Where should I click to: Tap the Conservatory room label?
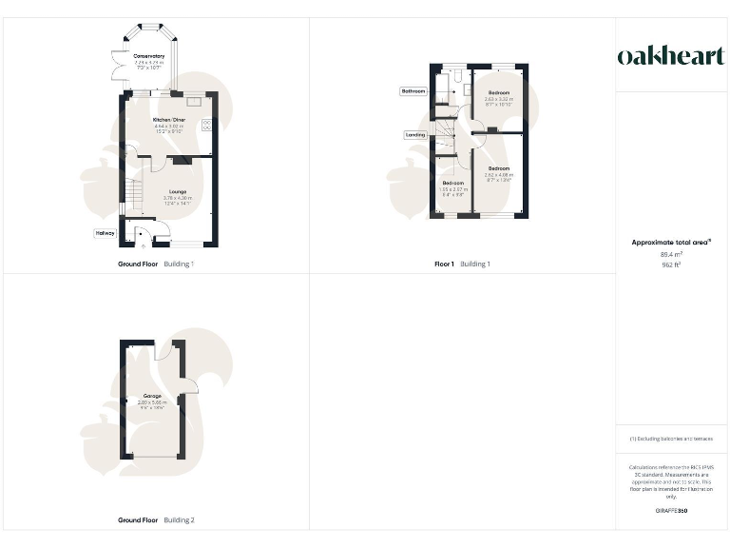click(148, 57)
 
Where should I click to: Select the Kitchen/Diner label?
click(168, 120)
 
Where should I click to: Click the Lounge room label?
click(177, 191)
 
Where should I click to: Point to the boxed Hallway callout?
click(105, 232)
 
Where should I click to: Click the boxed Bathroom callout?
click(413, 91)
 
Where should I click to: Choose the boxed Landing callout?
click(415, 134)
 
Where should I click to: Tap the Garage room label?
click(152, 396)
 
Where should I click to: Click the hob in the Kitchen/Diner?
click(206, 125)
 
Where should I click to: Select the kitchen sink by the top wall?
click(193, 98)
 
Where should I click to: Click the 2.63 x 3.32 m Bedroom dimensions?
click(498, 99)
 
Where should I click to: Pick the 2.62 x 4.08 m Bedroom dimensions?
click(499, 175)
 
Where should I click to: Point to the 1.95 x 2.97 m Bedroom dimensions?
click(453, 189)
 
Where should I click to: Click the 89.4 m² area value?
click(671, 254)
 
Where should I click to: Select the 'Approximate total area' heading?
click(671, 243)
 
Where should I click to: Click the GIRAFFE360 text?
click(671, 511)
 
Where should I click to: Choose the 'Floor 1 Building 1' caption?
click(462, 264)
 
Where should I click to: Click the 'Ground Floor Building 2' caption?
click(156, 520)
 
